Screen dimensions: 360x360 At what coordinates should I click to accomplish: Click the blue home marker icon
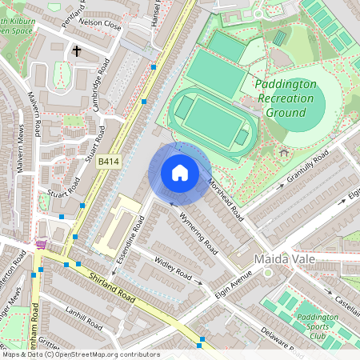[x=180, y=173]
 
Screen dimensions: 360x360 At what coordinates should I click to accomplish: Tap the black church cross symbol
[x=78, y=51]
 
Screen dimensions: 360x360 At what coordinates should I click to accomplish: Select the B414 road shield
[x=108, y=162]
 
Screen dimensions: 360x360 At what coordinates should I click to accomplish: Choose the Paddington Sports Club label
[x=318, y=325]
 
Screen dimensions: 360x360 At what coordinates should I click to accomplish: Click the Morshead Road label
[x=225, y=199]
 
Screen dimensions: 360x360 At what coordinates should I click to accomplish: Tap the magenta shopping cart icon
[x=41, y=244]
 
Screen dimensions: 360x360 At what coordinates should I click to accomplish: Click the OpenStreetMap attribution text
[x=80, y=354]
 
